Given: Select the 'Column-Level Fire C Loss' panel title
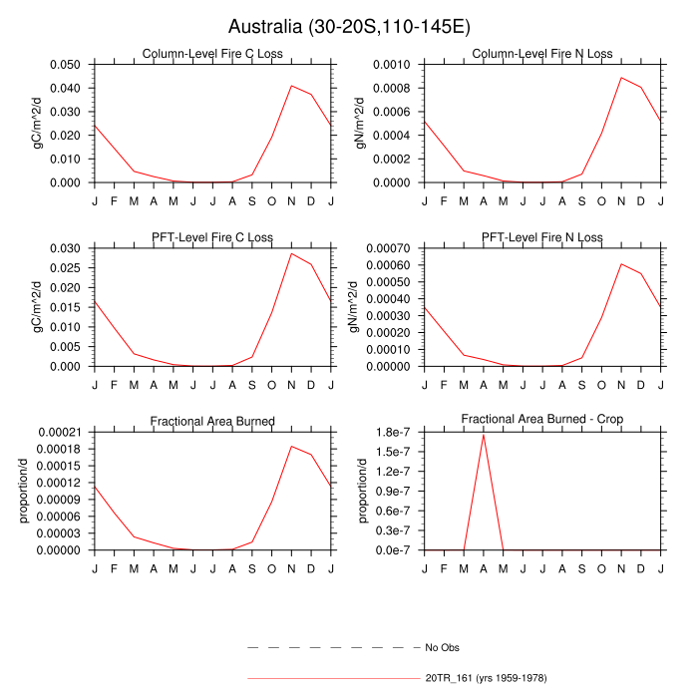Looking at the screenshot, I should (212, 53).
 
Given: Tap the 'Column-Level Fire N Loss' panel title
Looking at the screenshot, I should (542, 53).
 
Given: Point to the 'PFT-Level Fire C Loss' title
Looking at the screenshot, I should (212, 237).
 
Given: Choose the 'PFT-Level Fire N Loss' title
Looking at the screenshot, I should (542, 237).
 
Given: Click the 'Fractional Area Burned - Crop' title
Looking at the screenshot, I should (542, 421).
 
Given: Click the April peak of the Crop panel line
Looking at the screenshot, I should (484, 434).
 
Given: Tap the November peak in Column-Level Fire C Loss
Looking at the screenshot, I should (291, 85).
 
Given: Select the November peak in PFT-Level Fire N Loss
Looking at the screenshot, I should (621, 264).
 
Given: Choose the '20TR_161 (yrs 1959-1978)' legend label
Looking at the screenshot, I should (486, 678).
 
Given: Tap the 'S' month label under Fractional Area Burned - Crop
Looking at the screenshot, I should (581, 568).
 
